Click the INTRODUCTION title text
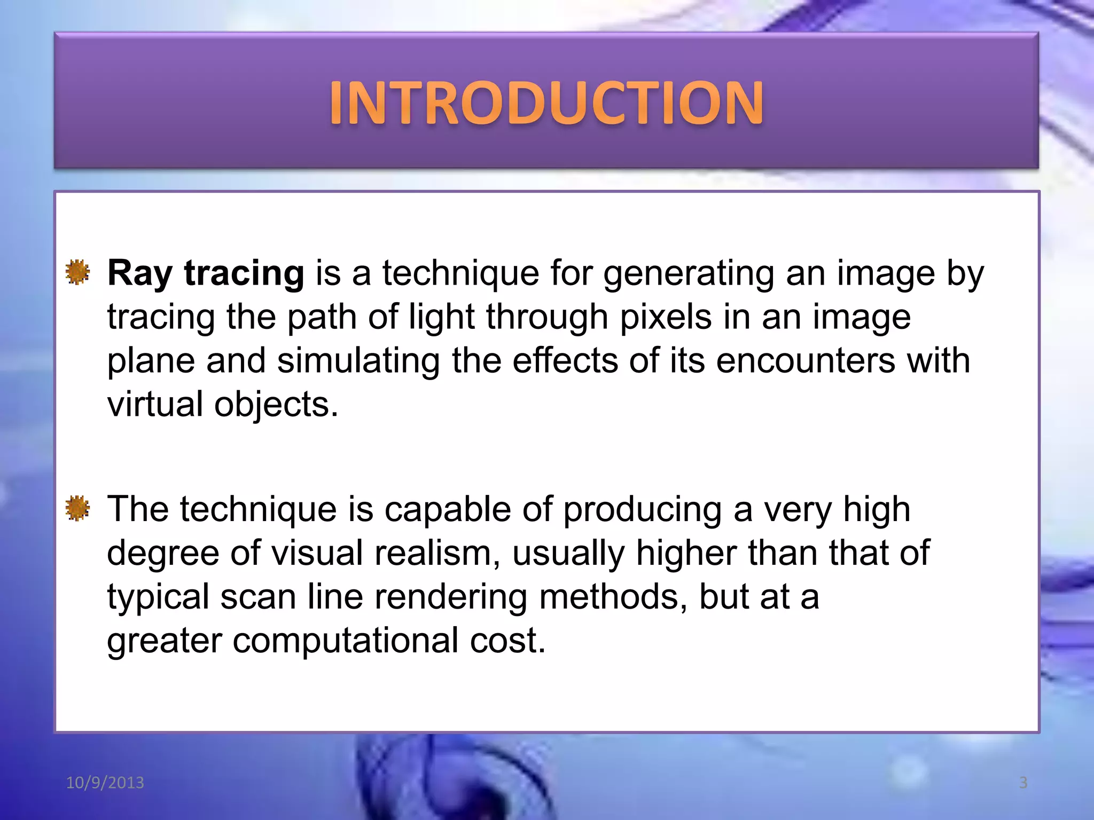tap(546, 102)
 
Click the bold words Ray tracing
tap(206, 273)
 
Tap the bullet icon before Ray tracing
tap(77, 273)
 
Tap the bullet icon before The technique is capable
tap(77, 508)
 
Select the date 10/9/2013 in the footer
tap(105, 783)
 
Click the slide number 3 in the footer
tap(1023, 783)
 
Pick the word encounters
tap(806, 361)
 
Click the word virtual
tap(155, 404)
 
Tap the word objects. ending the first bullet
tap(276, 405)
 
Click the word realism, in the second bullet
tap(437, 553)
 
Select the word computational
tap(345, 641)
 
